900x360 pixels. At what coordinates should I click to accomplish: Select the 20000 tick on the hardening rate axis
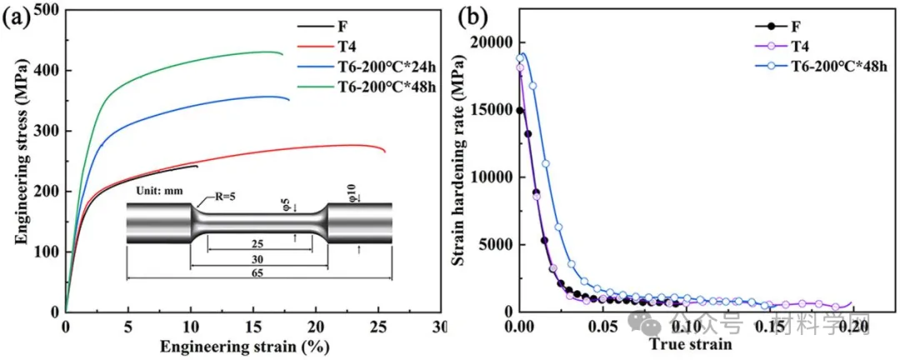point(490,42)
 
